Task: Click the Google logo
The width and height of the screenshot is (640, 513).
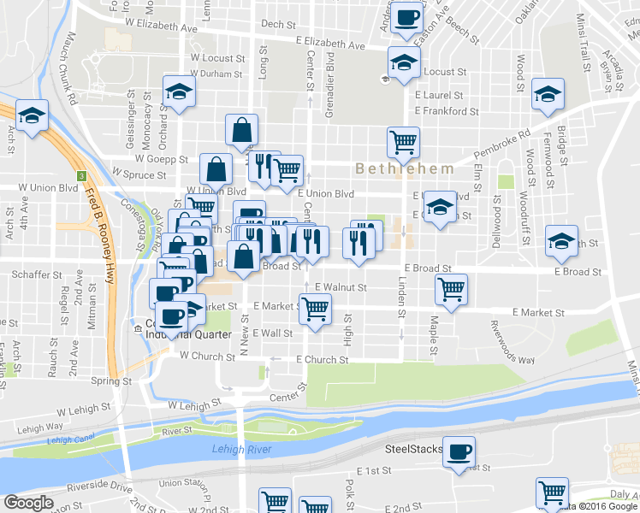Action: [x=28, y=503]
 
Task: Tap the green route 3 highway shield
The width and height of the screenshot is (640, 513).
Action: [x=82, y=176]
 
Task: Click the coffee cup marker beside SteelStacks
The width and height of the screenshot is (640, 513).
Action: [x=459, y=451]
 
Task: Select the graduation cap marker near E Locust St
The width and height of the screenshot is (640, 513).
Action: [x=403, y=62]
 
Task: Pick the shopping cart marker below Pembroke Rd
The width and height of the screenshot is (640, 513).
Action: [x=403, y=141]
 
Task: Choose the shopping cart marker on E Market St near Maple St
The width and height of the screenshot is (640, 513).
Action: [x=451, y=288]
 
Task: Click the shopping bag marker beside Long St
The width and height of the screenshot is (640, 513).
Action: [x=243, y=130]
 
